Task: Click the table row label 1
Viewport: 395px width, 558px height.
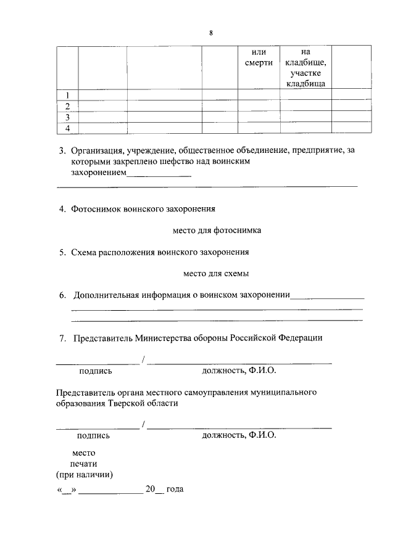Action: click(67, 95)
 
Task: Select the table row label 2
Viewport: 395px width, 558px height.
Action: click(67, 105)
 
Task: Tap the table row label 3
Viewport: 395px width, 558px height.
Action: click(67, 117)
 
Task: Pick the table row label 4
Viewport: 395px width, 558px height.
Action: click(67, 128)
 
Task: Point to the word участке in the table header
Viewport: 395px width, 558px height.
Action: click(306, 73)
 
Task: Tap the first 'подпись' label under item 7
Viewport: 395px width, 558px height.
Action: click(96, 371)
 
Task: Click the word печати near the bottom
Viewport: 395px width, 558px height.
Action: click(83, 464)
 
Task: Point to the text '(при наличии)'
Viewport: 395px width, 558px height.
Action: click(84, 475)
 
